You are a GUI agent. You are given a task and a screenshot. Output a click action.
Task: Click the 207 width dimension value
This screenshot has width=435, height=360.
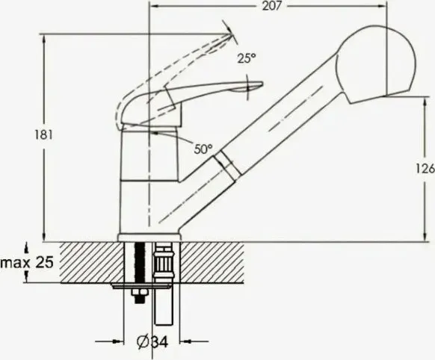(272, 6)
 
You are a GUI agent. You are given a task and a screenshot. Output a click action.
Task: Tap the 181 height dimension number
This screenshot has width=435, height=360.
(43, 135)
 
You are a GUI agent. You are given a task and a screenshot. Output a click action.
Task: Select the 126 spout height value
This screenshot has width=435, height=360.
(425, 169)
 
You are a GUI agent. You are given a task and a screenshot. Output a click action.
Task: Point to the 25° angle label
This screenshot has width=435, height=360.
(247, 58)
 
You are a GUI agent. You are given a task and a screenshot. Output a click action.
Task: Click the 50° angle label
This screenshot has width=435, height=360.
(203, 149)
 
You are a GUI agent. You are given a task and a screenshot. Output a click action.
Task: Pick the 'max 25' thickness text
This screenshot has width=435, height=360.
(27, 262)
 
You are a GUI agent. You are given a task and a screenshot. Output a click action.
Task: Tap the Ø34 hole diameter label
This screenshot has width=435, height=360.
(152, 342)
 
